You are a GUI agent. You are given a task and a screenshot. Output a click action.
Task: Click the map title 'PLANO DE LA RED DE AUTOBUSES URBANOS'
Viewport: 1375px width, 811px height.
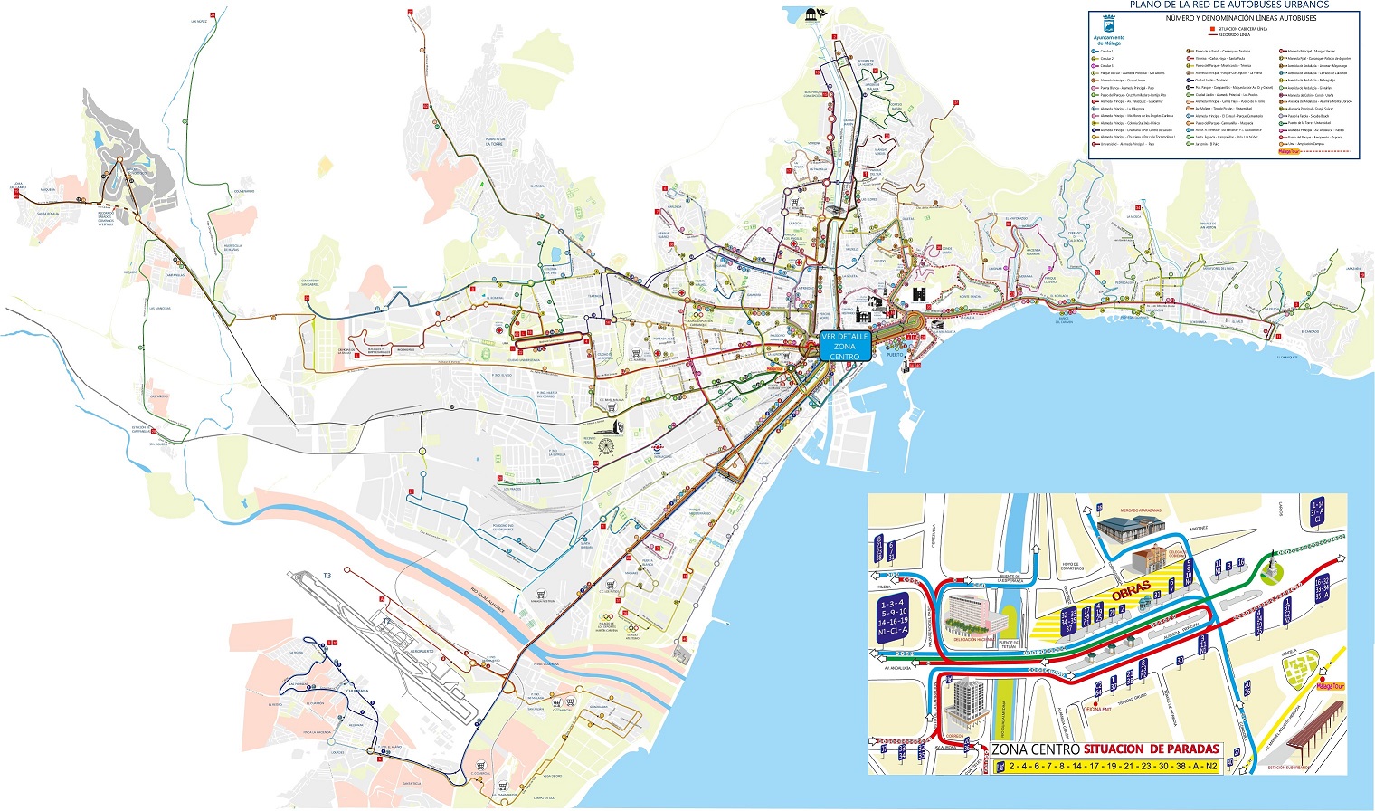(1229, 5)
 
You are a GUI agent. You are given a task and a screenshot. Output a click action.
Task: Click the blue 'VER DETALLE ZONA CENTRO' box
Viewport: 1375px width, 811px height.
(844, 347)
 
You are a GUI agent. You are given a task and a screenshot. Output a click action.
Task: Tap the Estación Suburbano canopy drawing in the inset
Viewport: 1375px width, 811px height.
(1311, 734)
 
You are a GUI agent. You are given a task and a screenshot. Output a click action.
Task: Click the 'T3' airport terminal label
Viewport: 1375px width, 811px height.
(327, 576)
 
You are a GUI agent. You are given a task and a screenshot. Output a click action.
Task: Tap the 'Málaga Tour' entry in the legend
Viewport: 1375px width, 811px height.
(1290, 151)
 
